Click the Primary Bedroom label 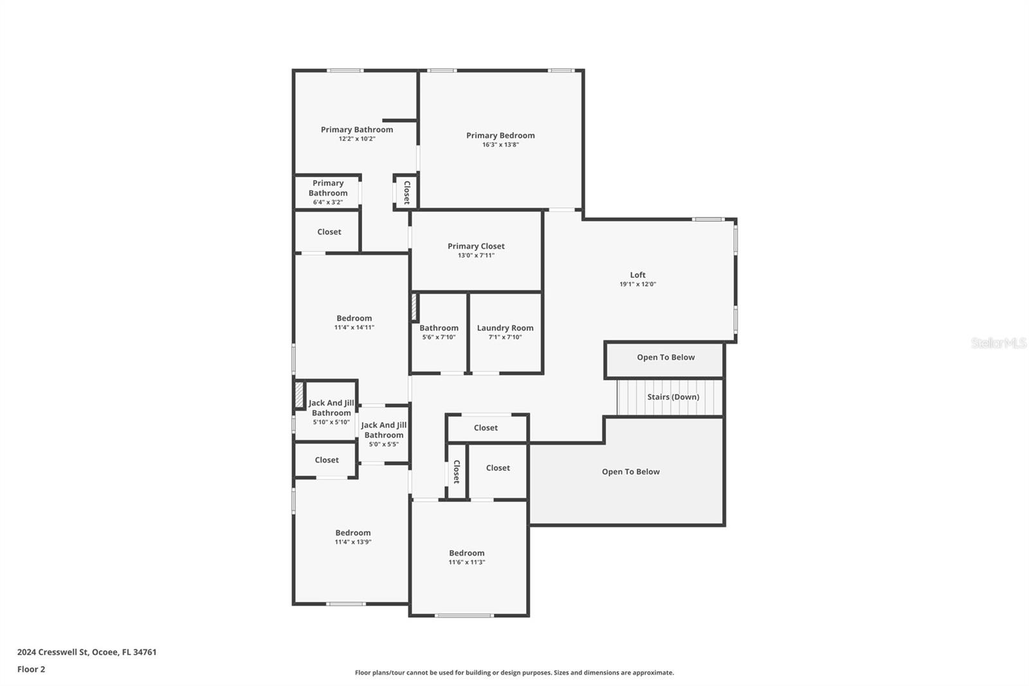pos(500,135)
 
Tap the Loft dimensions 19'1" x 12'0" pos(637,284)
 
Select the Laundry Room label pos(505,328)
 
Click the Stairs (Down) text pos(673,397)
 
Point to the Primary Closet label pos(476,246)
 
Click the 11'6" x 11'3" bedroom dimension pos(466,562)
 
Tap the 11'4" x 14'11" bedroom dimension pos(354,328)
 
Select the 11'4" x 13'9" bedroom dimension pos(352,542)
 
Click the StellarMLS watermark pos(998,343)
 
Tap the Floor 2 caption pos(31,669)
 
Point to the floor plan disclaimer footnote pos(514,672)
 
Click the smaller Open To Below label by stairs pos(666,357)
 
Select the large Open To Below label pos(630,472)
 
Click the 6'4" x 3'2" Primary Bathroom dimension pos(327,202)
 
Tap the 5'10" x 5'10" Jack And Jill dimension pos(331,422)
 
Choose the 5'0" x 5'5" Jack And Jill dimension pos(383,444)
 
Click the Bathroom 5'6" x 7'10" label pos(439,328)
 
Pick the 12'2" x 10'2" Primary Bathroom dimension pos(357,139)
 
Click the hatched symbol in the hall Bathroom pos(414,308)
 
